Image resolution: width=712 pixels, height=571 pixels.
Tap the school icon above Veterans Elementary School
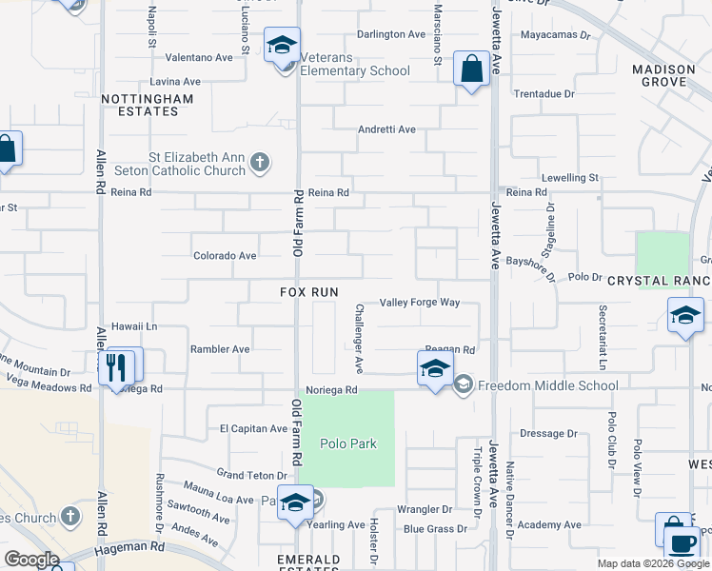pos(281,45)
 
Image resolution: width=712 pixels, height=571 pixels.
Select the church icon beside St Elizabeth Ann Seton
pos(261,164)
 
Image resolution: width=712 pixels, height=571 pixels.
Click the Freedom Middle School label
pos(547,385)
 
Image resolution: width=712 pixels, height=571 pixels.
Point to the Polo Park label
pos(348,443)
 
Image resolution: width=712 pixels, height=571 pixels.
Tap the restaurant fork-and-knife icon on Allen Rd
pos(116,367)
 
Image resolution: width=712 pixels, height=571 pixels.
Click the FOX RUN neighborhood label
pos(308,291)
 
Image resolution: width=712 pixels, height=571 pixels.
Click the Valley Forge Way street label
pos(420,303)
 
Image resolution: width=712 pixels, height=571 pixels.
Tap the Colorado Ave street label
pos(225,256)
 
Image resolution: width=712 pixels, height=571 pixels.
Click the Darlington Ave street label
pos(391,34)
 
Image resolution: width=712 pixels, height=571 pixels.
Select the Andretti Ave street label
pos(386,129)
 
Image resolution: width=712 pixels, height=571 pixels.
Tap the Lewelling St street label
pos(569,178)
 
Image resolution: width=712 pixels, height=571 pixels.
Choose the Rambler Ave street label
pos(220,349)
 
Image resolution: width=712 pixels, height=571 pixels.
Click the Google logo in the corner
pos(31,560)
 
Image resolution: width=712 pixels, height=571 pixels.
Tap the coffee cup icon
pos(681,542)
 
